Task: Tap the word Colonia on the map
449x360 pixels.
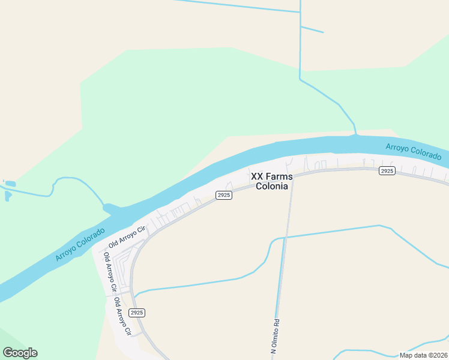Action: click(x=272, y=186)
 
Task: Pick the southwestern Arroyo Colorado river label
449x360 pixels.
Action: click(x=79, y=244)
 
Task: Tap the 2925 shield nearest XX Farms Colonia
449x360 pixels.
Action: click(x=224, y=195)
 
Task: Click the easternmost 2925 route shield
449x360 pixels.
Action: click(x=387, y=172)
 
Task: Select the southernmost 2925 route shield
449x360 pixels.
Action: click(x=137, y=313)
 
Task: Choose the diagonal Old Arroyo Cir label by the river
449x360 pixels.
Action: click(x=127, y=238)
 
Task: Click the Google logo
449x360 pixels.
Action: click(x=20, y=353)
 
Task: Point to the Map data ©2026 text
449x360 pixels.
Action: click(x=423, y=355)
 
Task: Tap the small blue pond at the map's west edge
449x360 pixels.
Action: click(x=9, y=184)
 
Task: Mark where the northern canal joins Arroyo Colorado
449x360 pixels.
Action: click(x=356, y=136)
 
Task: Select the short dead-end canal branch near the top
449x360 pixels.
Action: click(x=312, y=29)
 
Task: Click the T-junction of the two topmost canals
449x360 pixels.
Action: click(x=300, y=12)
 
